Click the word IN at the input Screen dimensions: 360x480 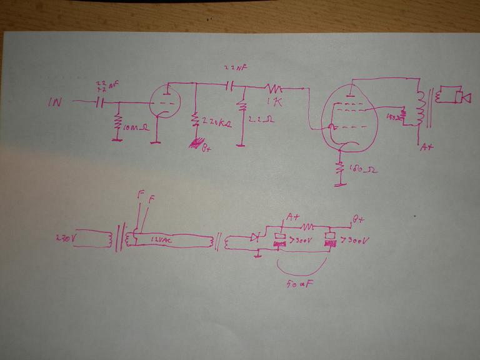pos(55,101)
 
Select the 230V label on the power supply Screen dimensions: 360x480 pos(64,238)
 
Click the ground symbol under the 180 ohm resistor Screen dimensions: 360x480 pos(341,185)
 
